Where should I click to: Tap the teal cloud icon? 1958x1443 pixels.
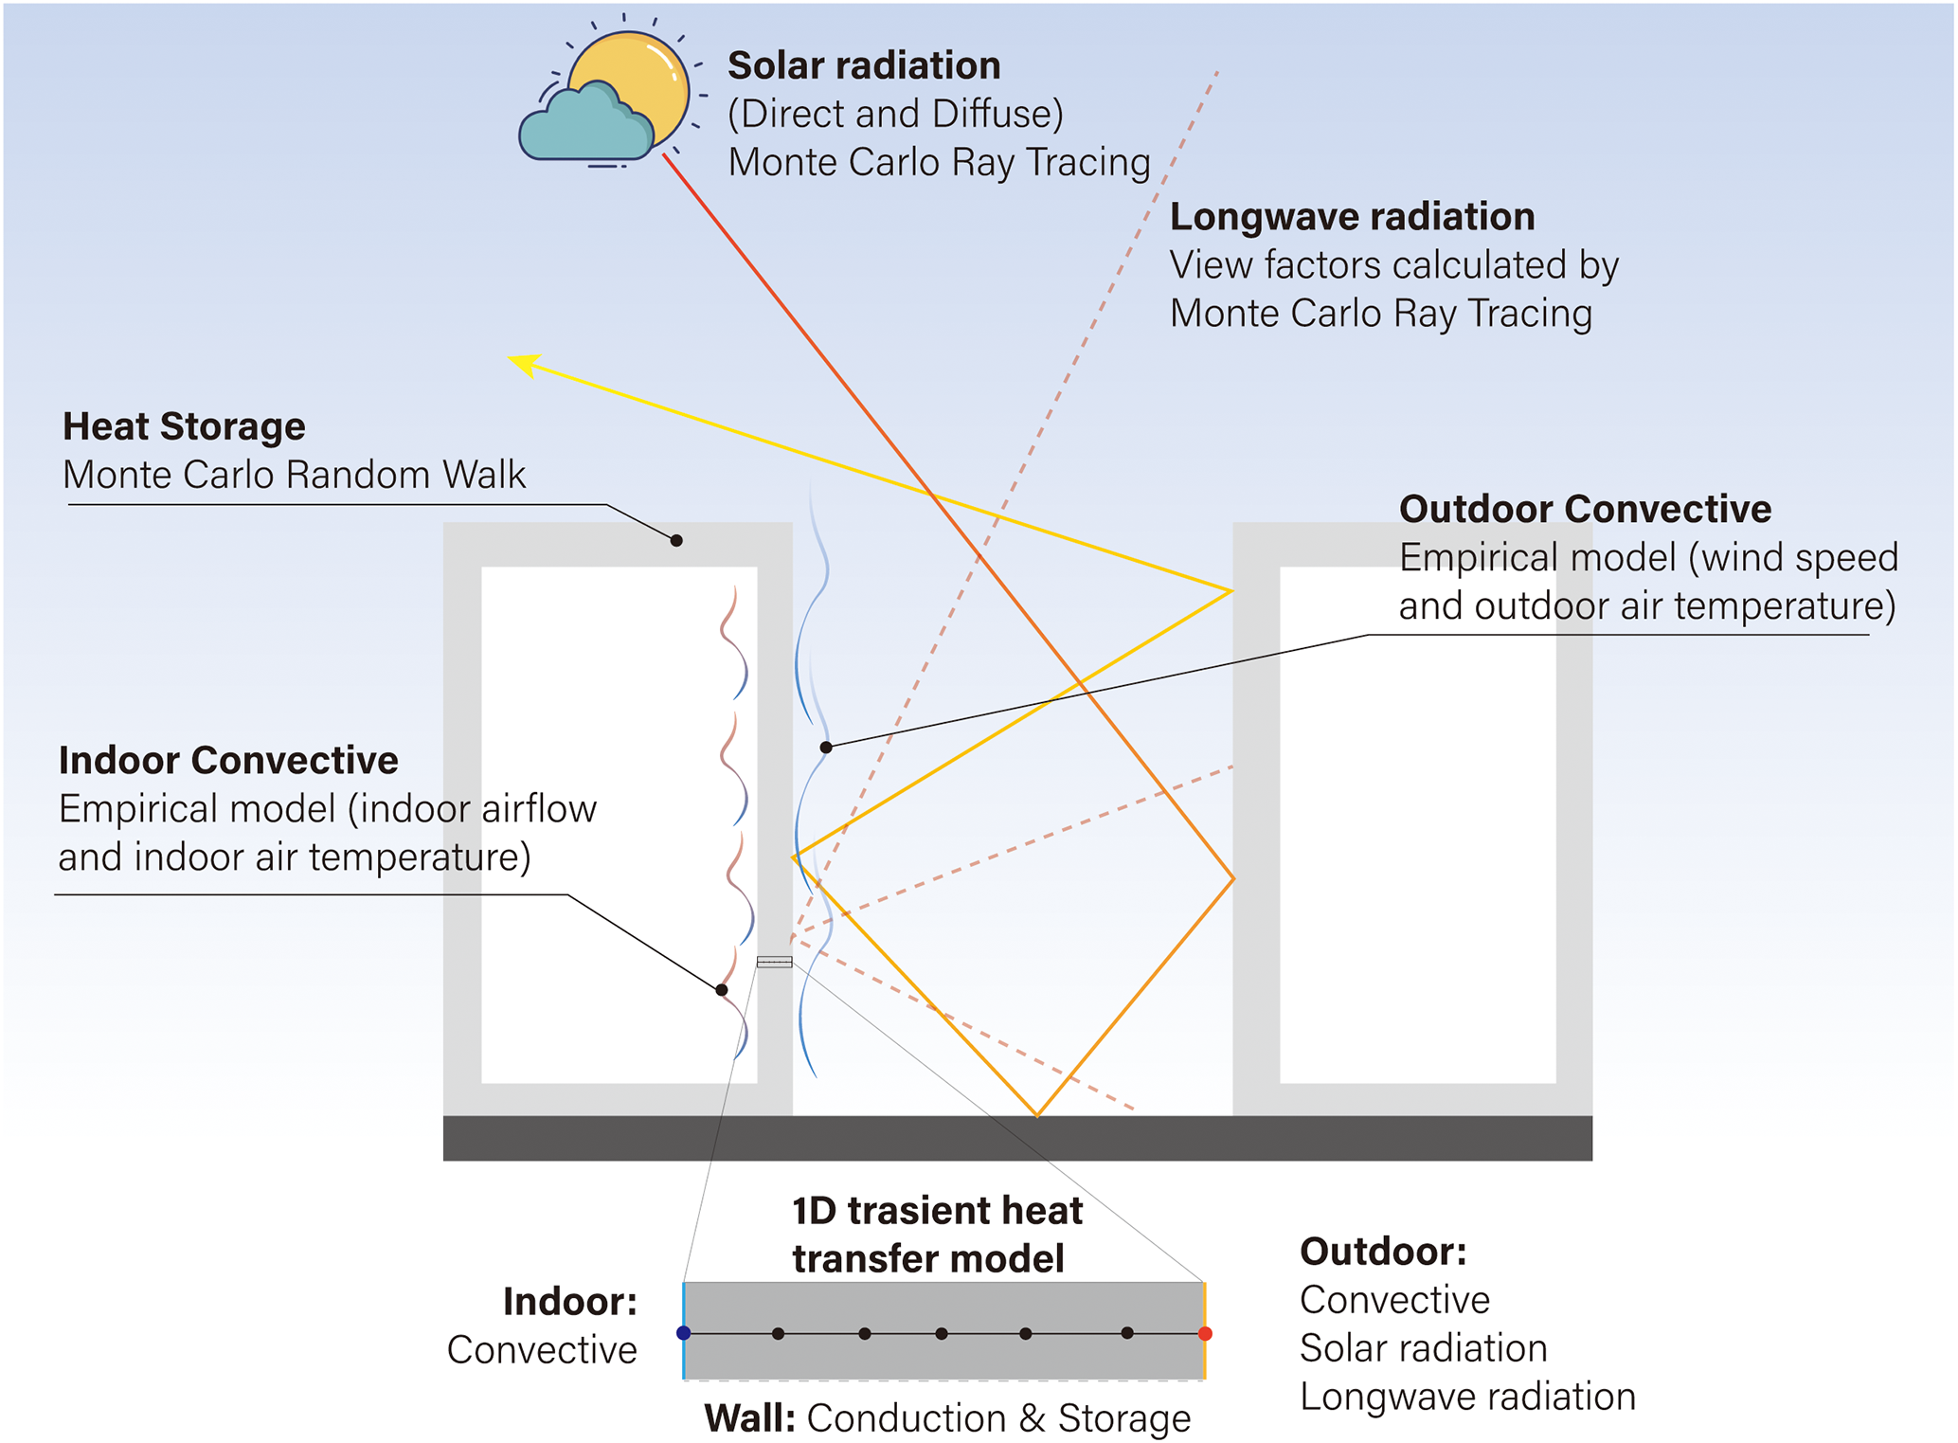(583, 128)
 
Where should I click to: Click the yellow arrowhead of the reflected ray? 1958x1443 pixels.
(524, 363)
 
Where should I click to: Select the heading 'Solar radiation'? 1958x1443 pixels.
(864, 66)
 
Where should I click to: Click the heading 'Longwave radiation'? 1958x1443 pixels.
(1352, 217)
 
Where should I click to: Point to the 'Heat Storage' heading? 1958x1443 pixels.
(184, 426)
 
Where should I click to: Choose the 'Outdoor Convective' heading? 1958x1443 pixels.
(1585, 510)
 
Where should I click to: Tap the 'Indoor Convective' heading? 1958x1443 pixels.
(228, 761)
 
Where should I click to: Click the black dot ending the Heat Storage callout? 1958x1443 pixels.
(676, 540)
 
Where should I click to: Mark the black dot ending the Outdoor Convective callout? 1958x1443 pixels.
(826, 748)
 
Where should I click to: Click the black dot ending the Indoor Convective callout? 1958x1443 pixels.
(722, 990)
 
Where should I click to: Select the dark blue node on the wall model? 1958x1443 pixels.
(684, 1333)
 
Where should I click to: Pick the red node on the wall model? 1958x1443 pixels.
(1205, 1334)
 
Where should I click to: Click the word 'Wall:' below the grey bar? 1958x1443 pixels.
(749, 1418)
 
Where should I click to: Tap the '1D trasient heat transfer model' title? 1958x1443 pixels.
(936, 1235)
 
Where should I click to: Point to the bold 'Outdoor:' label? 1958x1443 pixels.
(1383, 1253)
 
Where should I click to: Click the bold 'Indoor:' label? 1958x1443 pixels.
(569, 1302)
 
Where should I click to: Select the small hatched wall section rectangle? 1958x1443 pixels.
(774, 963)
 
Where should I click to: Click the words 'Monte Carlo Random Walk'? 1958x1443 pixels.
(294, 475)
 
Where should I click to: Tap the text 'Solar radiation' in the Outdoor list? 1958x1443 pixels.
(1423, 1348)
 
